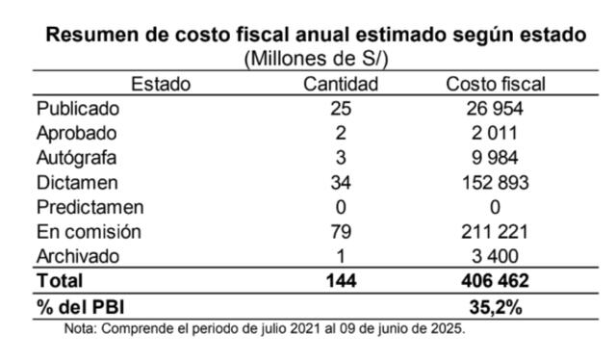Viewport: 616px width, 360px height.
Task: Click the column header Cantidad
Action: click(341, 84)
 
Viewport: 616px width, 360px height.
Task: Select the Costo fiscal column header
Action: click(496, 84)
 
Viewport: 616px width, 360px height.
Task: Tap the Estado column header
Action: click(161, 84)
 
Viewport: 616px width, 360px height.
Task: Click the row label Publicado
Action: click(78, 109)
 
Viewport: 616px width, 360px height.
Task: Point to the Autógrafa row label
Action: click(77, 159)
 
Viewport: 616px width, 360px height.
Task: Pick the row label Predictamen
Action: click(90, 207)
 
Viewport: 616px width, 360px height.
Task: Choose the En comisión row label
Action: click(89, 231)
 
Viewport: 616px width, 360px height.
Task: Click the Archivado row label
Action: click(78, 256)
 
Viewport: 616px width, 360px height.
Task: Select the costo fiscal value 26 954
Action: click(495, 109)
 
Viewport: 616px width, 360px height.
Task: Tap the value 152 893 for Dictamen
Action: click(496, 183)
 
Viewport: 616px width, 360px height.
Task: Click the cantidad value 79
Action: click(341, 231)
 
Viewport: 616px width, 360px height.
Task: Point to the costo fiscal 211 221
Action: click(495, 231)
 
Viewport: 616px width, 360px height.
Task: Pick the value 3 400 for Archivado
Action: click(495, 256)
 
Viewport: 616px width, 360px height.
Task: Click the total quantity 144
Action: click(341, 281)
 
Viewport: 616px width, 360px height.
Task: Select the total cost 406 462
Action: click(495, 281)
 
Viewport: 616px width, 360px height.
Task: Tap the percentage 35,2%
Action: click(496, 307)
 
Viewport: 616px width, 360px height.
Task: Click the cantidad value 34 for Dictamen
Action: click(341, 183)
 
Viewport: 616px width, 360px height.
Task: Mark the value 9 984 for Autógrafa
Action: click(495, 158)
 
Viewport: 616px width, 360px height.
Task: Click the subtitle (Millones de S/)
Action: click(317, 59)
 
